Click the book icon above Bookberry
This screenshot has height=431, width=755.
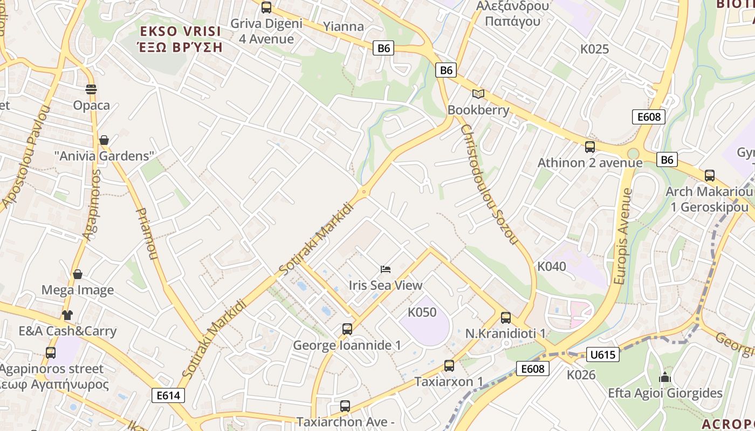pos(478,94)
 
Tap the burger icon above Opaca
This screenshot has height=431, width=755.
pos(91,89)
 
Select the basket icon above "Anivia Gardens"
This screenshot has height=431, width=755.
pos(104,140)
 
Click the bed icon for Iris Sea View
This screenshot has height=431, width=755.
pos(386,269)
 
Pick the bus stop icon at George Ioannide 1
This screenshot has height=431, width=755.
pos(347,329)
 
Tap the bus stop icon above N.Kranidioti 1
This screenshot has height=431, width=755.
pos(505,317)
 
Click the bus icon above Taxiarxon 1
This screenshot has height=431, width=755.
pos(449,365)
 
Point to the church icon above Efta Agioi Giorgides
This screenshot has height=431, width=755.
pos(665,377)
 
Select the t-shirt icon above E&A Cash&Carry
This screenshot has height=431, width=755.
pos(67,315)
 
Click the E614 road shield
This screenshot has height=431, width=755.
pos(168,395)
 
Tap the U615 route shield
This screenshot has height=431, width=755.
pos(602,354)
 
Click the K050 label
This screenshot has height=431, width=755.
pos(422,312)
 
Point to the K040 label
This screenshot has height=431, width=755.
pos(552,266)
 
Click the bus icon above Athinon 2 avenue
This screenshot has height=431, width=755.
pos(590,147)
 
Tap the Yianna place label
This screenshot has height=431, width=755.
pos(344,26)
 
